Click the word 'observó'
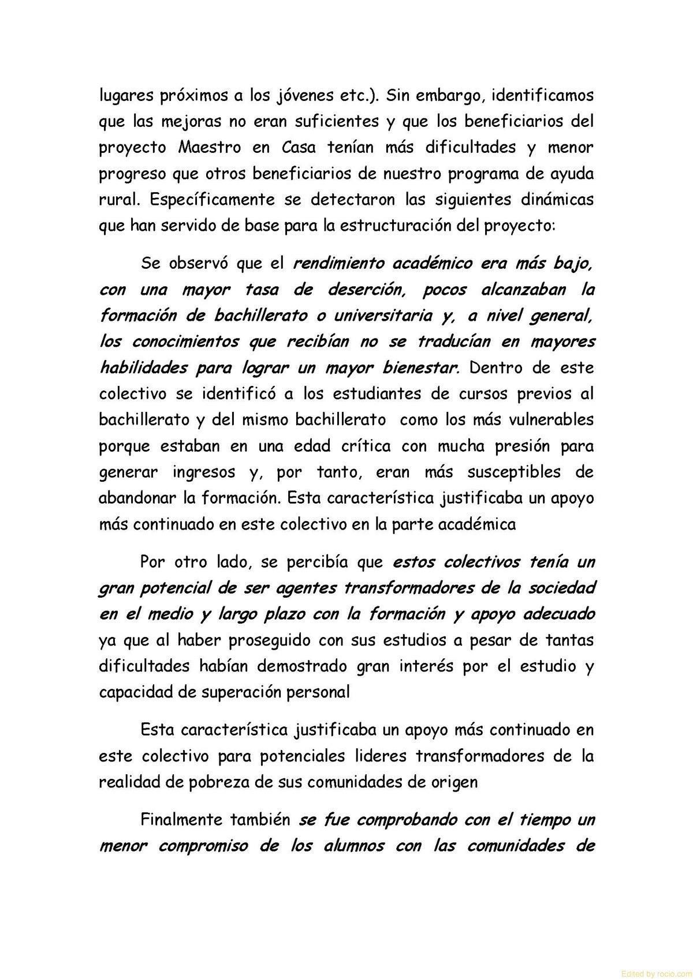pos(198,263)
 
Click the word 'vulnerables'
pos(552,419)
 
